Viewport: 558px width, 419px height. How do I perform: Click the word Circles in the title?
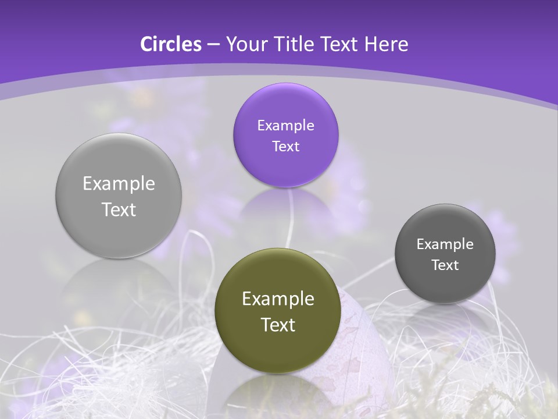[170, 44]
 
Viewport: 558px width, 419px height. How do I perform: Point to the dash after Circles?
[213, 45]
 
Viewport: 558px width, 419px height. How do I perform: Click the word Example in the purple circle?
[285, 125]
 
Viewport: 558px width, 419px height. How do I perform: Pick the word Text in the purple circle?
[285, 146]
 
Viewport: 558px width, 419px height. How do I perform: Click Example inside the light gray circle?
[119, 184]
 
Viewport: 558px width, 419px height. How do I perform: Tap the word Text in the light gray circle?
[119, 210]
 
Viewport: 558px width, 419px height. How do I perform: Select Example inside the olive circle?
[278, 299]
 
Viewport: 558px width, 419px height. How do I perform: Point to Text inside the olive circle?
[278, 325]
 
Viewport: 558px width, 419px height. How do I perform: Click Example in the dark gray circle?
[445, 244]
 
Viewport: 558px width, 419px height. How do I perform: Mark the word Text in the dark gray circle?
[445, 265]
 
